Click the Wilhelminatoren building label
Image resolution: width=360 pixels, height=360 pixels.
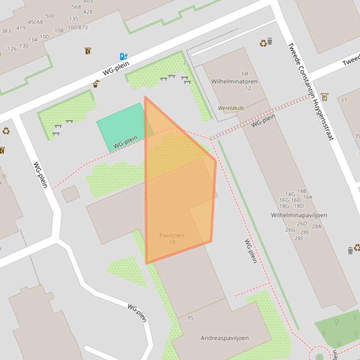click(234, 81)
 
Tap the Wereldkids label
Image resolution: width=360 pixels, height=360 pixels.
click(231, 108)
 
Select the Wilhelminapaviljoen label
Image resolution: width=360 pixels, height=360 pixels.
click(299, 215)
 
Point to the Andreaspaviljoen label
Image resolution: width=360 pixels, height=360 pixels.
click(224, 338)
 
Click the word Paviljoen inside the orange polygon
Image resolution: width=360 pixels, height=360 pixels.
click(171, 235)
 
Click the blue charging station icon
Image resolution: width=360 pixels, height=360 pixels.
click(123, 57)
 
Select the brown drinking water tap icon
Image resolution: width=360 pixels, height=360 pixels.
click(96, 84)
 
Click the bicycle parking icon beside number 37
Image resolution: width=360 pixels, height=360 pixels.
click(324, 97)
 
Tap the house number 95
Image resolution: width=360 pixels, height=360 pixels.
click(190, 318)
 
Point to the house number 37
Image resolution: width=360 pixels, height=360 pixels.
click(344, 100)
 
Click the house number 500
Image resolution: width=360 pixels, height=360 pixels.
click(50, 16)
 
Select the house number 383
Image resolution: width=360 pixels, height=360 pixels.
click(6, 31)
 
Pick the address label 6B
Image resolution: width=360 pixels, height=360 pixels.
click(244, 73)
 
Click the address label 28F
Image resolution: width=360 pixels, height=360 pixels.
click(299, 238)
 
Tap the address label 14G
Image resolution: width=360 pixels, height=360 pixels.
click(290, 194)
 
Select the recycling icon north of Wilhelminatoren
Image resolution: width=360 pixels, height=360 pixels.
click(263, 43)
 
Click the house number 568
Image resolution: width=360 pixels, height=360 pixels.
click(76, 7)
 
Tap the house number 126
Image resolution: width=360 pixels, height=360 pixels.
click(12, 49)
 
